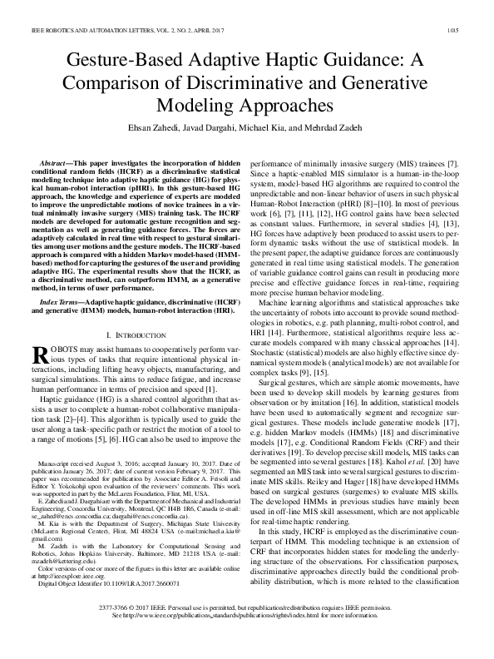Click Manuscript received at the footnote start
(x=76, y=485)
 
